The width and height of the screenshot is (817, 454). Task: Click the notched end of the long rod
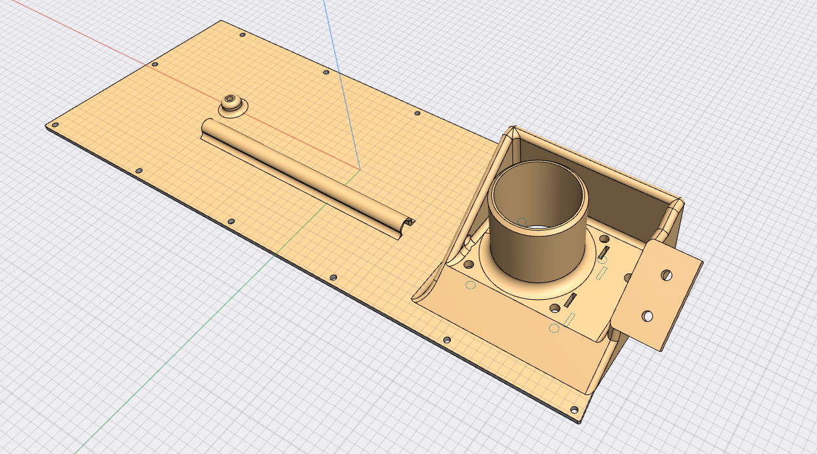coord(408,223)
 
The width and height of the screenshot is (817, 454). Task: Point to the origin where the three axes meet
coord(360,169)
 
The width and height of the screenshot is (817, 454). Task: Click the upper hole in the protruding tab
coord(666,275)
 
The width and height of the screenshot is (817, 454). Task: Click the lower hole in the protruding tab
coord(647,316)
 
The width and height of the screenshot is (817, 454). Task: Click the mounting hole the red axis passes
coord(154,64)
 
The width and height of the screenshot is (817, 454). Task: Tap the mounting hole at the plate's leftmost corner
coord(55,124)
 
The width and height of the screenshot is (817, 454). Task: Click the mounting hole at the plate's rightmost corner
coord(573,409)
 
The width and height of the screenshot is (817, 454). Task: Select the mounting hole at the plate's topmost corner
coord(242,35)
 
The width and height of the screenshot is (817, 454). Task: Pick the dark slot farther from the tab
coord(571,300)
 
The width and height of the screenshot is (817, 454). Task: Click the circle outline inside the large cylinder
coord(522,221)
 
